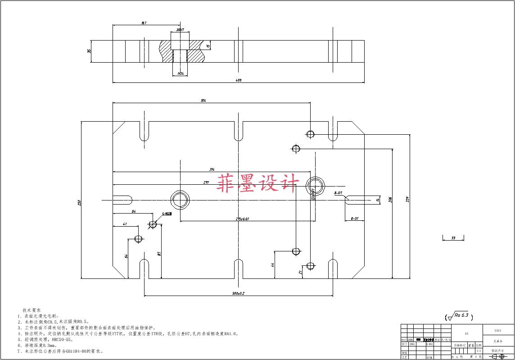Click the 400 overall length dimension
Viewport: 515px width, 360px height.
[x=239, y=81]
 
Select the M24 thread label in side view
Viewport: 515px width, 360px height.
[x=181, y=73]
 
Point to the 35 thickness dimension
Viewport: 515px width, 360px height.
[x=89, y=51]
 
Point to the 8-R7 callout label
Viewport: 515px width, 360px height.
[x=339, y=193]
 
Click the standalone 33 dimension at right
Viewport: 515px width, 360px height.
[x=453, y=237]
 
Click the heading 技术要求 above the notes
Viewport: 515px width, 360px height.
[x=32, y=310]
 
